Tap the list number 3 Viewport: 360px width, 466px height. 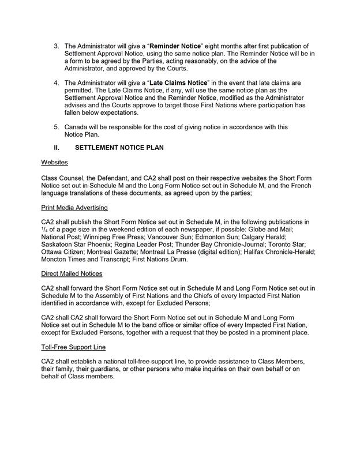[x=56, y=46]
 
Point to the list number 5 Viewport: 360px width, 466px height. [x=56, y=127]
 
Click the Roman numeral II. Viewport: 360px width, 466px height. [x=57, y=148]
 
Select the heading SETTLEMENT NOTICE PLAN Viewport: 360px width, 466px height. [x=119, y=148]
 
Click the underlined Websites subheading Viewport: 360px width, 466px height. [x=54, y=163]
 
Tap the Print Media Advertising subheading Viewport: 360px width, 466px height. [x=75, y=207]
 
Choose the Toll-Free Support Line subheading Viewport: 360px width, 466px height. [x=73, y=348]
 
